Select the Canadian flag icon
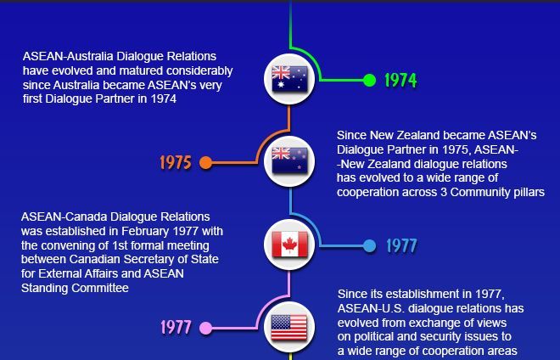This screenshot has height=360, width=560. coord(290,245)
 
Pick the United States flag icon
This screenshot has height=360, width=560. coord(290,327)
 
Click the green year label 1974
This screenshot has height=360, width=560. coord(400,81)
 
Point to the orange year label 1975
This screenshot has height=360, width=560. coord(175,162)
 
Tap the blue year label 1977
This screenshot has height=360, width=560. coord(401,246)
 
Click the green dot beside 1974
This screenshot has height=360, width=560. coord(369,81)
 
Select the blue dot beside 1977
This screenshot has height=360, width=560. coord(369,246)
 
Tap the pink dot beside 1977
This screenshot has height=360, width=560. coord(205,328)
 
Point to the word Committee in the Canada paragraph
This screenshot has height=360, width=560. coord(103,289)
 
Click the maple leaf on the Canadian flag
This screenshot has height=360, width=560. coord(290,245)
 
